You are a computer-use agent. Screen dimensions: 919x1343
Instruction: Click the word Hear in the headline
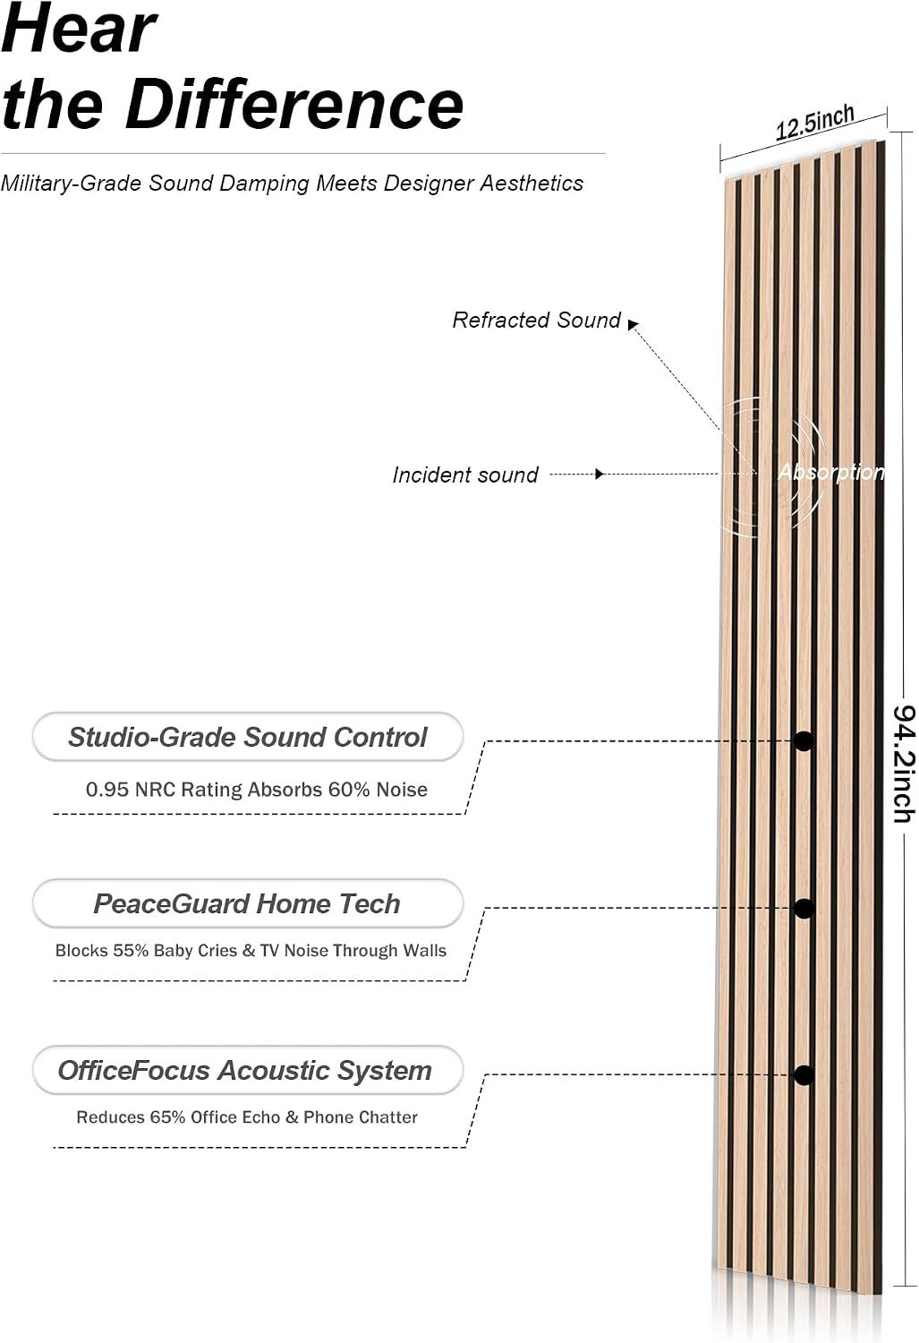point(79,28)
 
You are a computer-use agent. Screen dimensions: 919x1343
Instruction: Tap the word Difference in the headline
point(294,105)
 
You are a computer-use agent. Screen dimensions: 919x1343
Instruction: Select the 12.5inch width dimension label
point(814,123)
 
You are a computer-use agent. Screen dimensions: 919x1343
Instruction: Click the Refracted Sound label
point(536,321)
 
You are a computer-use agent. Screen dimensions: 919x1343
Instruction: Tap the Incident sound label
point(465,475)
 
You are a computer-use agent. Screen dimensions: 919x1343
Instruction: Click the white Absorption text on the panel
point(831,472)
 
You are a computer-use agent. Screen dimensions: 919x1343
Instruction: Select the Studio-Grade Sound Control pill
point(247,737)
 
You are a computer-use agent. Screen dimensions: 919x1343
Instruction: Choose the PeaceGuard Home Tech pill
point(247,903)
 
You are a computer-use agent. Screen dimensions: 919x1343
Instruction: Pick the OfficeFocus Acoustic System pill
point(247,1070)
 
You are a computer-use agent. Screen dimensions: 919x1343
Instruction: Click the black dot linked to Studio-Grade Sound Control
point(804,741)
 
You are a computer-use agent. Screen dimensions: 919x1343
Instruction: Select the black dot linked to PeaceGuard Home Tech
point(804,909)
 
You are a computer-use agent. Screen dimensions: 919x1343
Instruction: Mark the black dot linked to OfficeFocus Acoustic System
point(804,1075)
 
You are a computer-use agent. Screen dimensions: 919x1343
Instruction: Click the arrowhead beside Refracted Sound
point(633,324)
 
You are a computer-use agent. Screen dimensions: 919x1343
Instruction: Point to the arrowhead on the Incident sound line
point(599,475)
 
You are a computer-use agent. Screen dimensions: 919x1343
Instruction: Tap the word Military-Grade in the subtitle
point(72,184)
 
